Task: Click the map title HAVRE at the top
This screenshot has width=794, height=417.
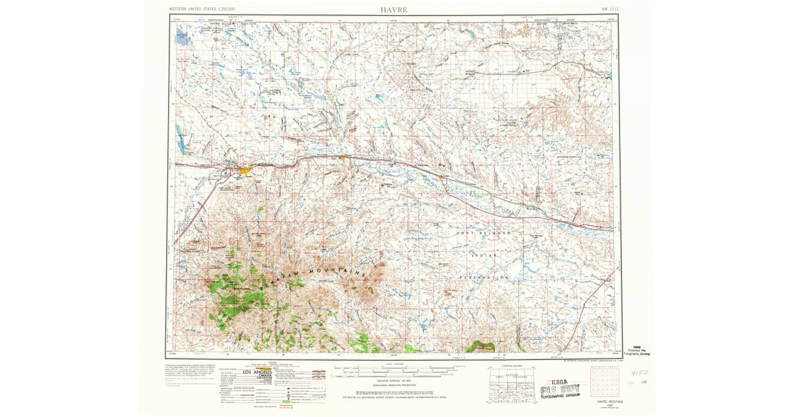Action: (x=394, y=9)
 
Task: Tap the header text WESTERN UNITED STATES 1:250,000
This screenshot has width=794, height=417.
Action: (x=202, y=9)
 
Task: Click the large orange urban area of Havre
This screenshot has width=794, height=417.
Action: (x=245, y=171)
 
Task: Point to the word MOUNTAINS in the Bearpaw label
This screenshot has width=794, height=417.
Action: (x=334, y=273)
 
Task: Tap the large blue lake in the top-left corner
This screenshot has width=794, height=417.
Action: (x=182, y=37)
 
